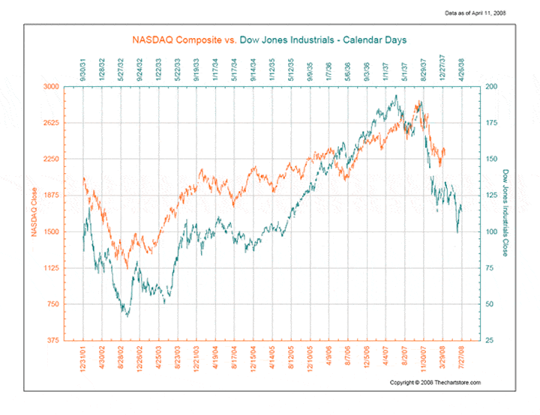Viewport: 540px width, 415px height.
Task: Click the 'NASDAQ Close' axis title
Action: tap(34, 213)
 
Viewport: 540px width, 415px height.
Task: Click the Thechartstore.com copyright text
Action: tap(435, 383)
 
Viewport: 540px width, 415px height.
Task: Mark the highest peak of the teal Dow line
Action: tap(395, 95)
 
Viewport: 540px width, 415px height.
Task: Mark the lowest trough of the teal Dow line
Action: tap(127, 316)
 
